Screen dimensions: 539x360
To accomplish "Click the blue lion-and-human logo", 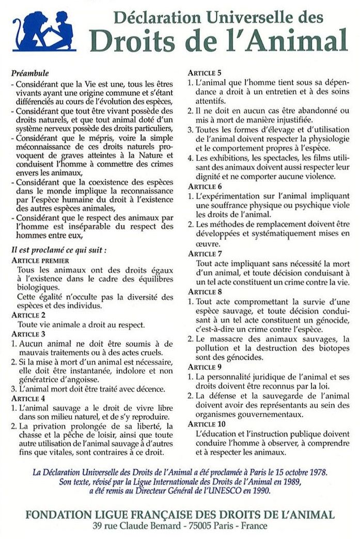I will [44, 32].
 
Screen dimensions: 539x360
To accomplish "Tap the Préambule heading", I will [30, 73].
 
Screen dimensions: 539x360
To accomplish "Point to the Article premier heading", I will [40, 260].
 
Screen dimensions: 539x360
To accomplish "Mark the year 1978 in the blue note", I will [317, 472].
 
